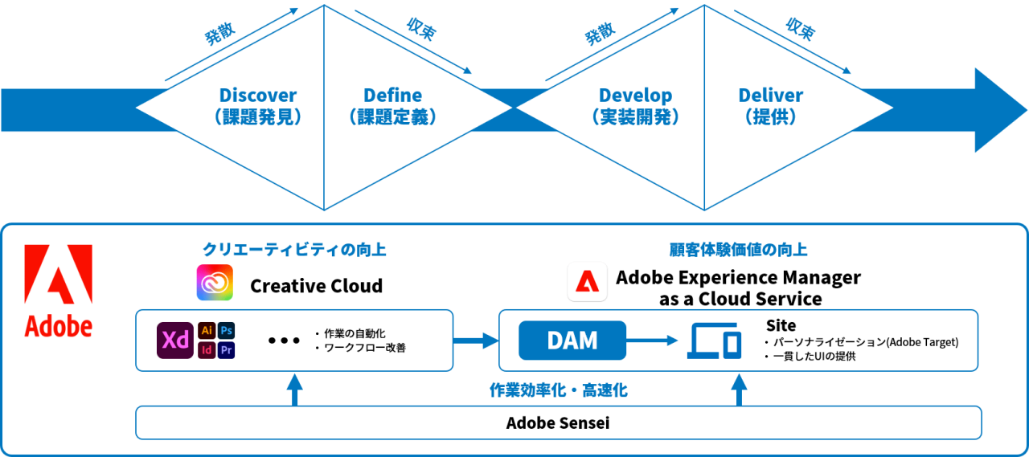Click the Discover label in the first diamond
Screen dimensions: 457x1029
(258, 96)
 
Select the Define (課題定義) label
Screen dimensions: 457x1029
(392, 96)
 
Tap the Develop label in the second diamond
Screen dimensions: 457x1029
(635, 96)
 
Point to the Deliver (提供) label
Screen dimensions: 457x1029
(770, 96)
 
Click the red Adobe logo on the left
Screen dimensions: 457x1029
(58, 291)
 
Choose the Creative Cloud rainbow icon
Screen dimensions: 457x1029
(215, 283)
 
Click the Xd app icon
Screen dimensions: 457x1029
(174, 341)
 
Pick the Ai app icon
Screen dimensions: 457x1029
(207, 331)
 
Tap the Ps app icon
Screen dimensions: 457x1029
(227, 331)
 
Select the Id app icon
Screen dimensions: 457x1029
(207, 350)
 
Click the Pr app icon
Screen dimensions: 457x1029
(227, 350)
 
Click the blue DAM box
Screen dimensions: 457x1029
(572, 341)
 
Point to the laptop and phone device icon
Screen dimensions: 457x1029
(714, 341)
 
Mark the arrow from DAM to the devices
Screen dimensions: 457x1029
(653, 341)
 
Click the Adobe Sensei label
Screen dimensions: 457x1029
(558, 422)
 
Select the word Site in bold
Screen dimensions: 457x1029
(781, 325)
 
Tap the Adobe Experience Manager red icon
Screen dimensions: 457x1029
(587, 283)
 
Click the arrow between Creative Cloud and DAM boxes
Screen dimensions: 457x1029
(476, 341)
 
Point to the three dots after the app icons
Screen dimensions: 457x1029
(284, 341)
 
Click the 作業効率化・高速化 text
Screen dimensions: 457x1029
(558, 391)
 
